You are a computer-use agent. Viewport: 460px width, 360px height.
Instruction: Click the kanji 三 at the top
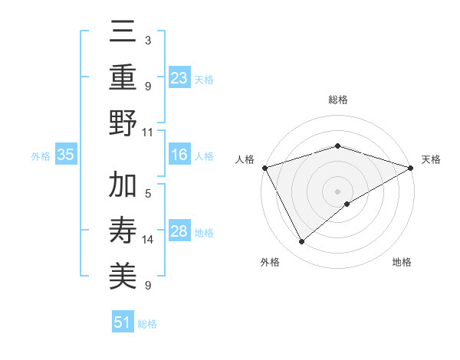[123, 32]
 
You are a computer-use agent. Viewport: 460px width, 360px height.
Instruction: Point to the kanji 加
[123, 186]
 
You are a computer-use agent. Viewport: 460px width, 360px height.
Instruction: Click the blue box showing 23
[179, 77]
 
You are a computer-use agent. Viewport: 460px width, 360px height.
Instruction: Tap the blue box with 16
[179, 155]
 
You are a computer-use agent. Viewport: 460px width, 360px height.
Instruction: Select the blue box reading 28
[179, 231]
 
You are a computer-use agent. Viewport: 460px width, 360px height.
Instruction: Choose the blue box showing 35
[66, 155]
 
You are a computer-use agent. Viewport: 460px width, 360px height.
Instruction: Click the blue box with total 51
[123, 322]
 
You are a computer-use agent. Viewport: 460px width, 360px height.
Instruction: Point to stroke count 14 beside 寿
[148, 240]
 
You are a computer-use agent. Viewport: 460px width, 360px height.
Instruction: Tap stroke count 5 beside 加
[148, 194]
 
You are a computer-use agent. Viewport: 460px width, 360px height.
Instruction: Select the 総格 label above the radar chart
[337, 100]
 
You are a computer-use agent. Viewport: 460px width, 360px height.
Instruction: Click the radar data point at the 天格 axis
[411, 168]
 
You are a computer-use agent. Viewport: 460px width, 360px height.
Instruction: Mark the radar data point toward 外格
[302, 241]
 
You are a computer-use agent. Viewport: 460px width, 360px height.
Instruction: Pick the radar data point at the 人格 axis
[264, 168]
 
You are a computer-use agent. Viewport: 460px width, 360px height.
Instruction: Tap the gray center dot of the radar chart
[337, 191]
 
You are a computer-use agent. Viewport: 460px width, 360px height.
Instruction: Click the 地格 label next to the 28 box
[204, 232]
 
